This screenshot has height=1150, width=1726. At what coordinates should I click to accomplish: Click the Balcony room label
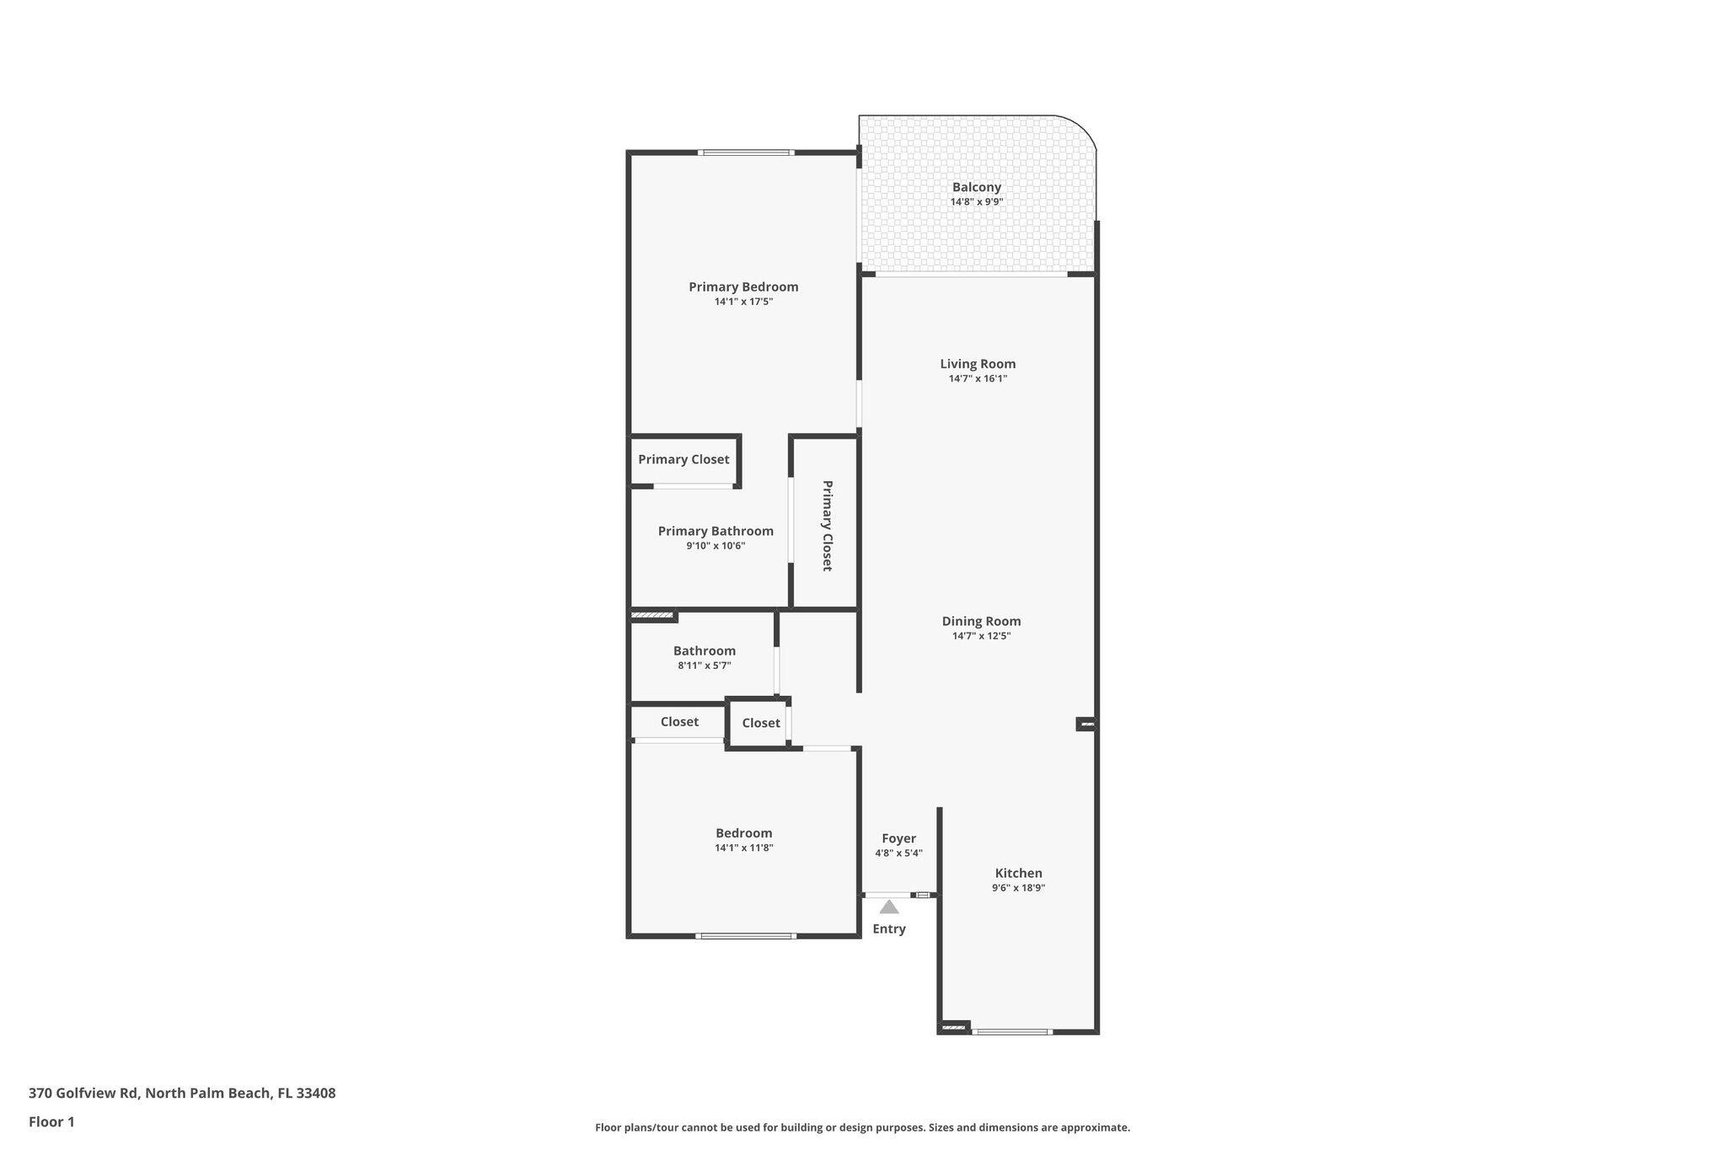tap(976, 187)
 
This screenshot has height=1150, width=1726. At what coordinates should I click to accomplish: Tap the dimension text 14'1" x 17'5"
tap(742, 302)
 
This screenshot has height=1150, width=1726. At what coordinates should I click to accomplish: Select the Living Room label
tap(978, 364)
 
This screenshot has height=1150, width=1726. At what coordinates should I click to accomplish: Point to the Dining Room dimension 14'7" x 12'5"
tap(981, 636)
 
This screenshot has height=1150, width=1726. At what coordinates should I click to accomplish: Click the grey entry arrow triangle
tap(889, 907)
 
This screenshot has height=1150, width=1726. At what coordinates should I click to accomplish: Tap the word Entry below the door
tap(889, 928)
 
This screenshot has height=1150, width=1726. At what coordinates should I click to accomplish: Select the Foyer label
tap(898, 838)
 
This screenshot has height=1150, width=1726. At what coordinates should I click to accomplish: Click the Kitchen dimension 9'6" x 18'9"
tap(1018, 888)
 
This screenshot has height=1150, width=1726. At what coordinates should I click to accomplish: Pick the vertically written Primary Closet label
tap(827, 526)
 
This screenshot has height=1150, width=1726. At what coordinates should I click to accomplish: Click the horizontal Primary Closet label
tap(683, 459)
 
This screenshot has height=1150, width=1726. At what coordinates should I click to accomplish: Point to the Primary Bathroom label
tap(716, 531)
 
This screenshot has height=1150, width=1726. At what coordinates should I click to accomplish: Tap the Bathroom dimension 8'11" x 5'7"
tap(704, 666)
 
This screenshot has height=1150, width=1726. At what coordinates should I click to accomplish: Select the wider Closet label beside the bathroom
tap(679, 722)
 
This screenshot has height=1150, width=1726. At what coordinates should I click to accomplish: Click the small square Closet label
tap(761, 723)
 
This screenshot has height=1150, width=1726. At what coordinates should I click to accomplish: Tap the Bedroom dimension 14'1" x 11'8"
tap(743, 848)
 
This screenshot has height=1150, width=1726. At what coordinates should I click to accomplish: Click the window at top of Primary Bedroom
tap(746, 152)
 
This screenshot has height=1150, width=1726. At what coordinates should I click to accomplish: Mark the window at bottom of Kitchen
tap(1011, 1031)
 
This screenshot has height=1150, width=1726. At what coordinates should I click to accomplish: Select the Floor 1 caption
tap(51, 1122)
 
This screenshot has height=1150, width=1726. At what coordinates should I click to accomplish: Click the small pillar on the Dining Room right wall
tap(1086, 724)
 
